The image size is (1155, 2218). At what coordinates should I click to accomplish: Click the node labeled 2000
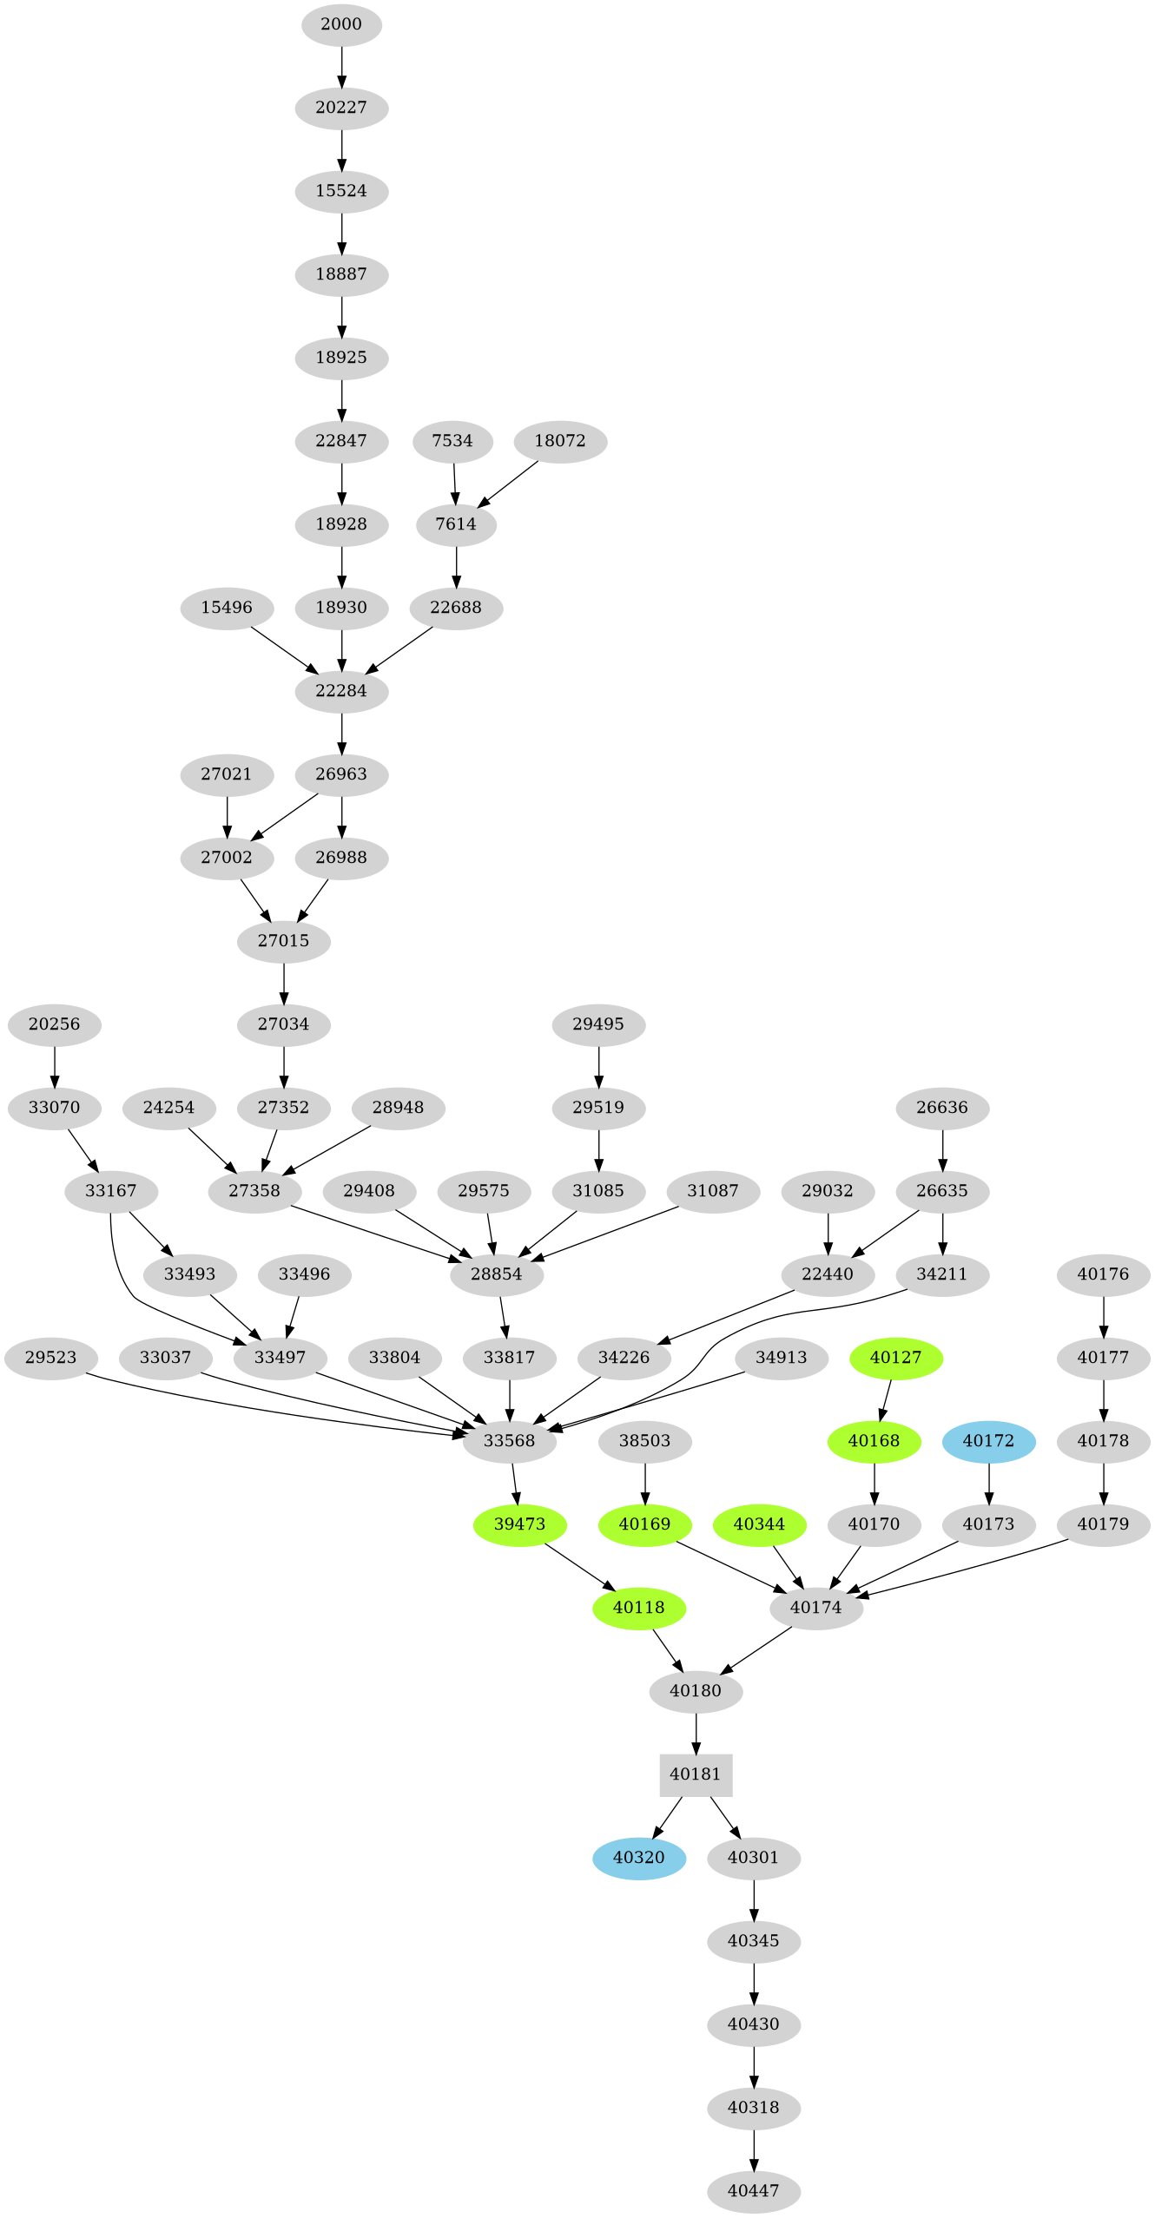(341, 24)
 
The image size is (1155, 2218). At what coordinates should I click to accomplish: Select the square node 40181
(696, 1774)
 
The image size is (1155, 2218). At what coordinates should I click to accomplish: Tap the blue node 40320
(639, 1858)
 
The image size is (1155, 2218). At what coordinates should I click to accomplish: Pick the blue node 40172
(988, 1441)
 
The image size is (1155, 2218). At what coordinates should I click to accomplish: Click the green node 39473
(519, 1524)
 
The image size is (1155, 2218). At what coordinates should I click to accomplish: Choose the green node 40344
(759, 1524)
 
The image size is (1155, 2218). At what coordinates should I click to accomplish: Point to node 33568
(509, 1441)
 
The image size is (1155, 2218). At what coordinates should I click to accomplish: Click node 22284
(341, 691)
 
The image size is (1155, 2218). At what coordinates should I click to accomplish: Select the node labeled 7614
(456, 524)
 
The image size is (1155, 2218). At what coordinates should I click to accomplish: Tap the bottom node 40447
(754, 2191)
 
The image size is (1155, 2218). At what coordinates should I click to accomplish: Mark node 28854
(497, 1274)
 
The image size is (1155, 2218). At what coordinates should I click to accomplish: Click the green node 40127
(895, 1358)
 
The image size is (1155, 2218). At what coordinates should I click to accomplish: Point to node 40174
(816, 1608)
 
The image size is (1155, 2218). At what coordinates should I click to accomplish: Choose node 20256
(55, 1024)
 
